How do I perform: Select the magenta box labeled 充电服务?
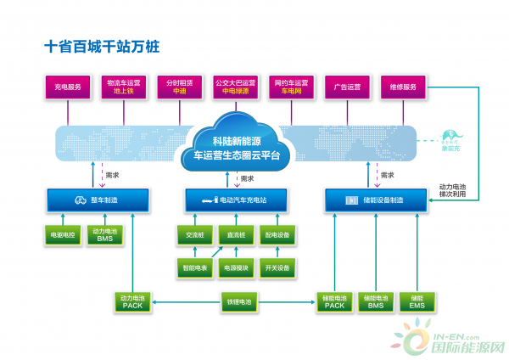(67, 87)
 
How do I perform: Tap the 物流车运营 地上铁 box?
(123, 87)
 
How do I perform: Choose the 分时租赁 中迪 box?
(179, 87)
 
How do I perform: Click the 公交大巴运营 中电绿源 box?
(235, 87)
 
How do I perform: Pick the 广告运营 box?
(347, 87)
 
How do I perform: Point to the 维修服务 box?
(403, 87)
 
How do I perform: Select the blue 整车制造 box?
(97, 200)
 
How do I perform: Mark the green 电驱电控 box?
(62, 234)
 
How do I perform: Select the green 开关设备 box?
(277, 267)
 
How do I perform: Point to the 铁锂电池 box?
(237, 301)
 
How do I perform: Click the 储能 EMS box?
(417, 301)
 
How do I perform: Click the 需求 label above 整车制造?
(112, 176)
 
